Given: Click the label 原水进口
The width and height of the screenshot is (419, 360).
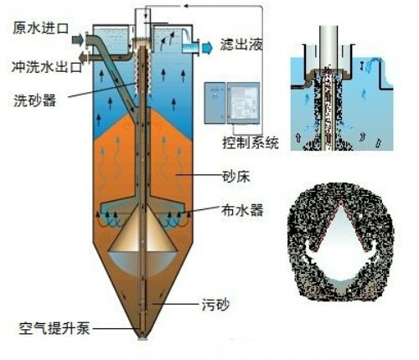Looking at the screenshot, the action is click(x=40, y=28).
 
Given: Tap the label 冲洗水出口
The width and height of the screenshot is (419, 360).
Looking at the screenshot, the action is click(x=47, y=67).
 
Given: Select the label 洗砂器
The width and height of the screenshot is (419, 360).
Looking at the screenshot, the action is click(x=35, y=100).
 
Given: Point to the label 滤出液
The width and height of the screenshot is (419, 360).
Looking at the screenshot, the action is click(x=241, y=44).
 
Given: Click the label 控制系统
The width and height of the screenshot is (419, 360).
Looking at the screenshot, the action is click(x=251, y=142).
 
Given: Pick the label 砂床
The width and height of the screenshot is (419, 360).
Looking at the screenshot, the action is click(x=236, y=177).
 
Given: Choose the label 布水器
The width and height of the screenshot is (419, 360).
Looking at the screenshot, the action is click(x=242, y=210).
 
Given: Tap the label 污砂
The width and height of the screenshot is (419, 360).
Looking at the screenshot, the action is click(x=215, y=305).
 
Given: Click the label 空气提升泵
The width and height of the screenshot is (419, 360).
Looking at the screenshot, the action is click(x=54, y=328).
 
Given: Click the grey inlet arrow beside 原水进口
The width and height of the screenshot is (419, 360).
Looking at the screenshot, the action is click(x=78, y=39).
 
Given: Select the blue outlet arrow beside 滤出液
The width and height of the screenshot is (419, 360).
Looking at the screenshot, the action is click(x=207, y=48).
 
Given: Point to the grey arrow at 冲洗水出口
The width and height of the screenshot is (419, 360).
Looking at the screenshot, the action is click(x=83, y=58).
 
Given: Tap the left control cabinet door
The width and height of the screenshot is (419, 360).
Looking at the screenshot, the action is click(x=215, y=103).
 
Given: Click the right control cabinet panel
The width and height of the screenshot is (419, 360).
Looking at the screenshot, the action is click(x=243, y=103).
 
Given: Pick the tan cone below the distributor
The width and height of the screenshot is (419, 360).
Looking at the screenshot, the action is click(x=142, y=229).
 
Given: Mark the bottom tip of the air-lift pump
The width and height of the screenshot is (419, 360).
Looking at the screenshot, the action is click(x=142, y=338).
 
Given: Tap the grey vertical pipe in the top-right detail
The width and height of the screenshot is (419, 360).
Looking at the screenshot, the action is click(x=329, y=47).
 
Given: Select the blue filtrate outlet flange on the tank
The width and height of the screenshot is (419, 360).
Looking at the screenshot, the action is click(x=191, y=46).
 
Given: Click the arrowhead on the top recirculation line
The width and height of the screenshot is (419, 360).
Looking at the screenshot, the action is click(x=185, y=6).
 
